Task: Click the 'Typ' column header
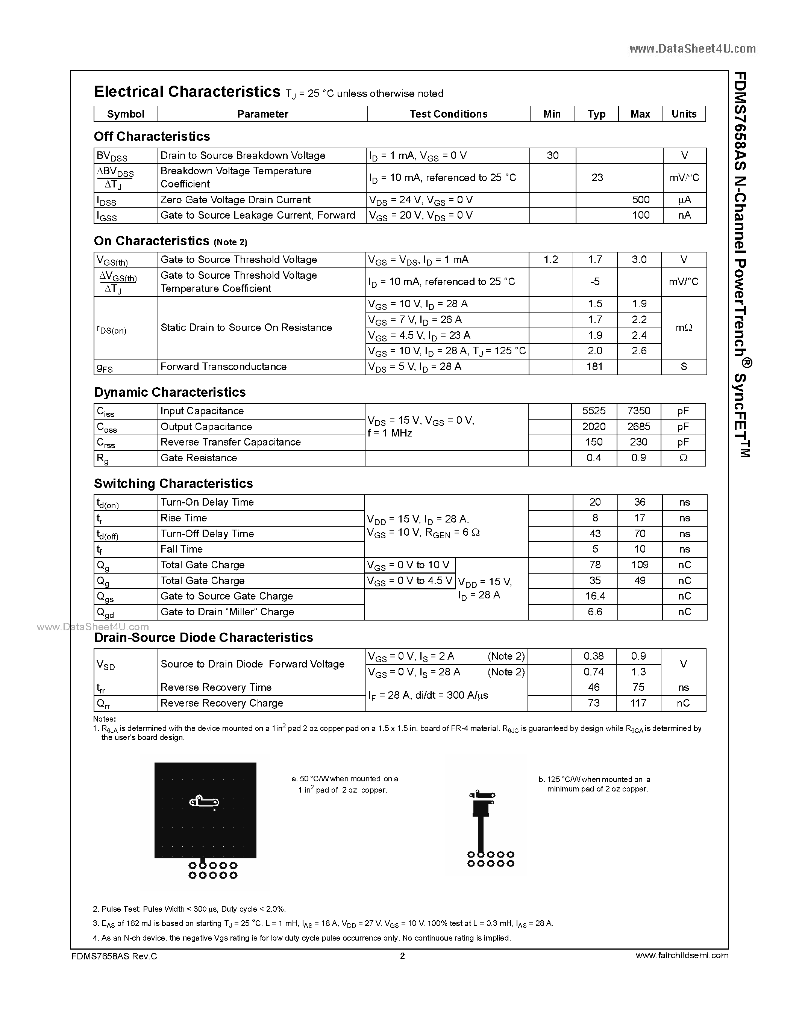(x=596, y=114)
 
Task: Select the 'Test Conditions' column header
(x=448, y=114)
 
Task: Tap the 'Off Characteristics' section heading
(x=152, y=137)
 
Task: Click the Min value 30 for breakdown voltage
(x=552, y=156)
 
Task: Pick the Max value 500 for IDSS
(x=640, y=199)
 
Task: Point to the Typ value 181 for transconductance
(x=594, y=367)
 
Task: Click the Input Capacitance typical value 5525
(x=594, y=411)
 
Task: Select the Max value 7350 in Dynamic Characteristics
(x=638, y=411)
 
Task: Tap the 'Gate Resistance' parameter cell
(x=199, y=458)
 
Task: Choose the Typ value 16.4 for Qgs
(x=594, y=596)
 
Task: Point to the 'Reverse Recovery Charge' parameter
(x=221, y=703)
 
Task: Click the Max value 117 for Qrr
(x=638, y=703)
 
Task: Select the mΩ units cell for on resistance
(x=684, y=327)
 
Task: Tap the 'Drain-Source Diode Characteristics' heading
(x=203, y=637)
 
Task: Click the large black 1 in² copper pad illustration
(x=205, y=810)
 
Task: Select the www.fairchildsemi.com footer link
(x=682, y=955)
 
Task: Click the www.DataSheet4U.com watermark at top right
(x=693, y=49)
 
